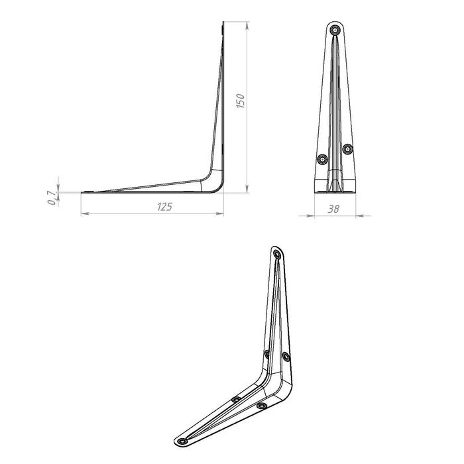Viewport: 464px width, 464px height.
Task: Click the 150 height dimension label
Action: (241, 101)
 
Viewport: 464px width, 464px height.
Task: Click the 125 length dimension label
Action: (164, 207)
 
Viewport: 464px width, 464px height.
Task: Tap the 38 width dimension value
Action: (333, 209)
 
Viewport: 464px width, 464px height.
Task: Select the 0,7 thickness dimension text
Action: (52, 198)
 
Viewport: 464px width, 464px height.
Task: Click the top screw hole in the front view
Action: (335, 30)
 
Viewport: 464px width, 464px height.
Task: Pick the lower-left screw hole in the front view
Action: (322, 160)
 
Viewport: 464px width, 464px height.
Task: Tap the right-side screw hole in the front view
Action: (348, 149)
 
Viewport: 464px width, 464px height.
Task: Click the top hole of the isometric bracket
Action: (277, 254)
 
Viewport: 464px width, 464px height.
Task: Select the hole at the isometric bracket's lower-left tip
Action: (183, 441)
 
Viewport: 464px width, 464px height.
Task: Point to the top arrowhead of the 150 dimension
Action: (247, 25)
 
